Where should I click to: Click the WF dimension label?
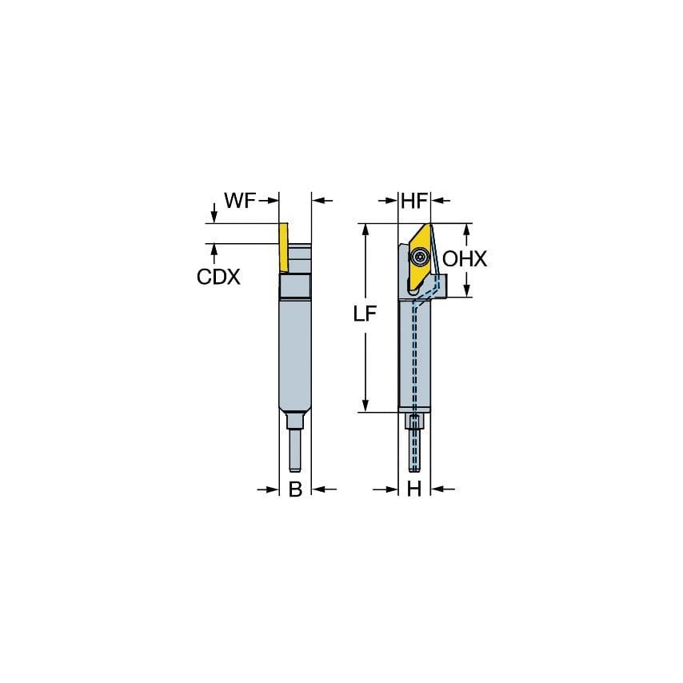tap(239, 201)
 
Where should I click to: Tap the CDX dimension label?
tap(218, 276)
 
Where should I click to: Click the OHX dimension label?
tap(465, 259)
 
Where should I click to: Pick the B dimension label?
tap(295, 489)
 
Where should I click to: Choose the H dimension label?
tap(413, 489)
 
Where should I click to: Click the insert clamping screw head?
tap(421, 258)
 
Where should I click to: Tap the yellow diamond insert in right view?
tap(419, 254)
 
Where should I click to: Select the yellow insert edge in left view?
tap(282, 248)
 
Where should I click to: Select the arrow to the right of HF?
tap(439, 201)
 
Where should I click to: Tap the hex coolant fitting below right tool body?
tap(413, 423)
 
